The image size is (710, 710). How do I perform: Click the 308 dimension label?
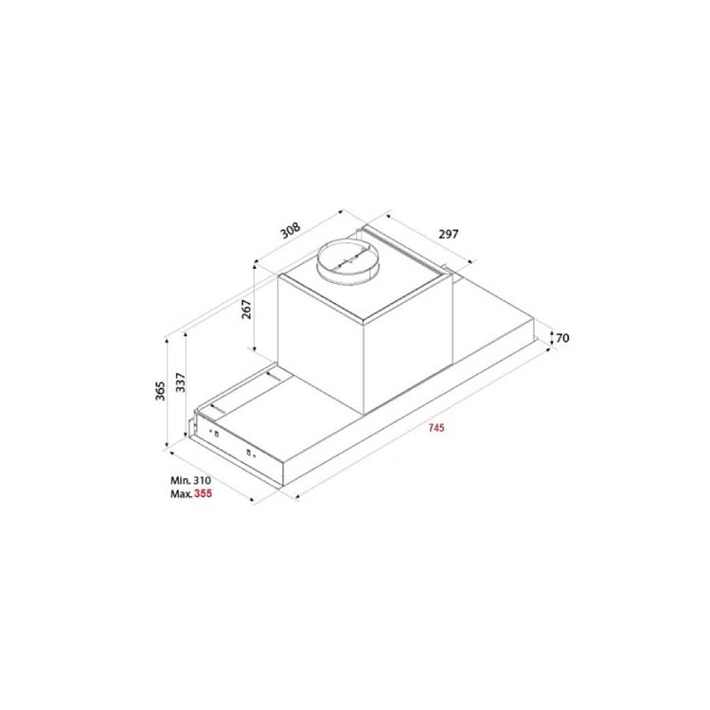[x=291, y=230]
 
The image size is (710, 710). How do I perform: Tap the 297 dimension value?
[x=449, y=234]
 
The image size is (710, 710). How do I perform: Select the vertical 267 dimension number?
[x=246, y=310]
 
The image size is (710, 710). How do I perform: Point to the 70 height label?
[x=562, y=338]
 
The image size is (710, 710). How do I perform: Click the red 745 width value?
[x=436, y=428]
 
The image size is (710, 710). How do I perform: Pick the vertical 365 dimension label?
[x=160, y=391]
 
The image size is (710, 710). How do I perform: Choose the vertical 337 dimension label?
[x=180, y=382]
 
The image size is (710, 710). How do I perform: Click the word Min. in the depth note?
[x=180, y=480]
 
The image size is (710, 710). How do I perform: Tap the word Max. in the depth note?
[x=181, y=493]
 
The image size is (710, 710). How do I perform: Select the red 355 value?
[x=203, y=493]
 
